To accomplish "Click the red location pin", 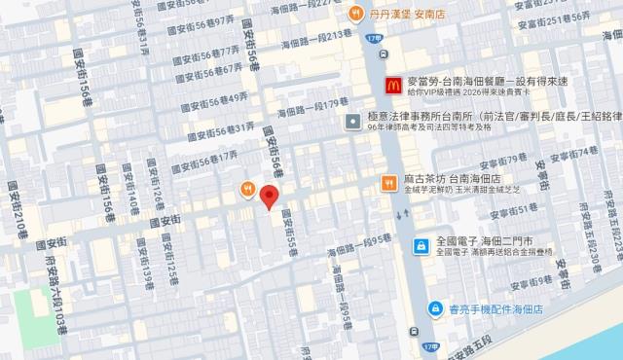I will click(271, 194).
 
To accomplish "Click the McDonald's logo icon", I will click(393, 86).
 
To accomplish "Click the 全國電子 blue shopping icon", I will click(421, 245).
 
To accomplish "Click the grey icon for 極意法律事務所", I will click(351, 121).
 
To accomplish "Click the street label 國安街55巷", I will click(288, 238).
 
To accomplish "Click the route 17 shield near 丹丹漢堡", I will click(378, 37).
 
